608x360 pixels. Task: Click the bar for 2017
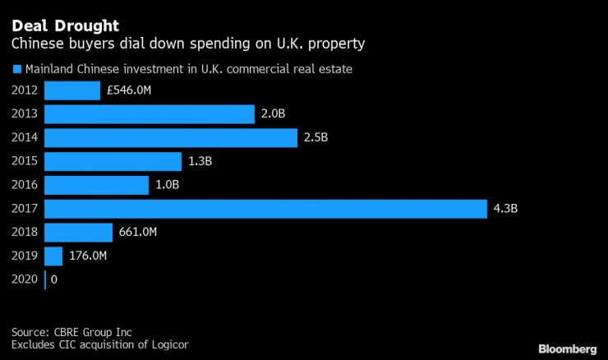pos(265,209)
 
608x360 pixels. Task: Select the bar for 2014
pos(170,138)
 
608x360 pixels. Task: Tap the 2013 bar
pos(150,114)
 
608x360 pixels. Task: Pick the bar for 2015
pos(113,162)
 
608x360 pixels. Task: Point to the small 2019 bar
pos(53,256)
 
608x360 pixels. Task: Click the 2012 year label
pos(24,90)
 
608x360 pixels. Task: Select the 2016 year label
pos(24,185)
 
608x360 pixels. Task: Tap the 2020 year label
pos(24,280)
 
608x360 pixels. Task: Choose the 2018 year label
pos(24,233)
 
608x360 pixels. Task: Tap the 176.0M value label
pos(88,256)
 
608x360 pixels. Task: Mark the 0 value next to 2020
pos(54,280)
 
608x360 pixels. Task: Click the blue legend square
pos(16,69)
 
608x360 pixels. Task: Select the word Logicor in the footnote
pos(167,344)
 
